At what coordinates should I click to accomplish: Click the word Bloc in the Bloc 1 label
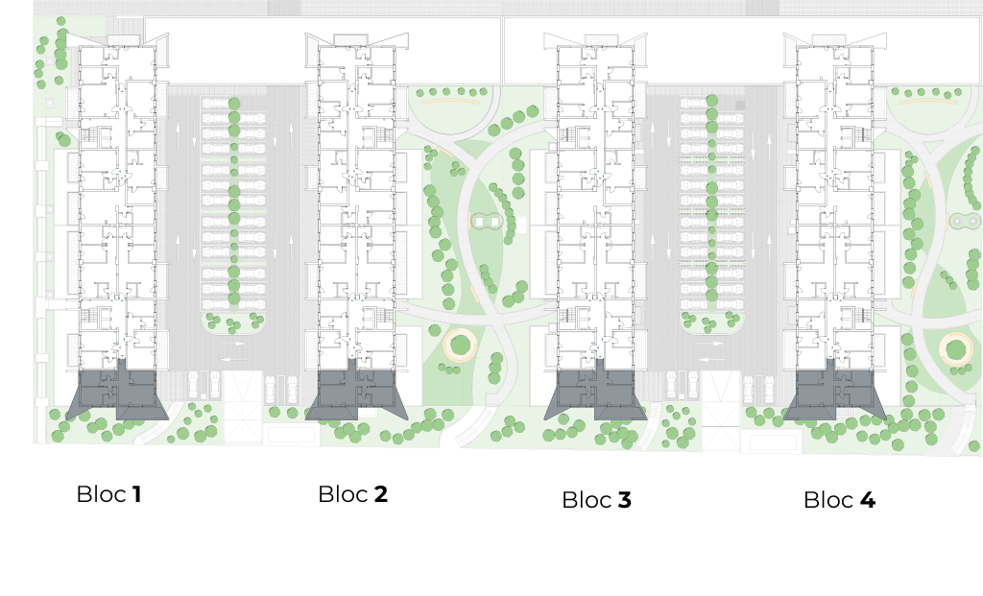[102, 494]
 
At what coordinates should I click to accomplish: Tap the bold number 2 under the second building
[380, 494]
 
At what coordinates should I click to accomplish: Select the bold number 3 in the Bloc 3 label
[624, 500]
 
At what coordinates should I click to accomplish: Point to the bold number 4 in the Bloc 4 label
[868, 500]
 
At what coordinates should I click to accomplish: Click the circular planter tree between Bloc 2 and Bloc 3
[460, 345]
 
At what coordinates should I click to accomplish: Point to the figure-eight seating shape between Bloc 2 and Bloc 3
[487, 222]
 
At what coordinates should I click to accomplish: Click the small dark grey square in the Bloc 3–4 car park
[740, 106]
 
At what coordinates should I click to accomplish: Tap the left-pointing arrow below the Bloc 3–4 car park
[711, 359]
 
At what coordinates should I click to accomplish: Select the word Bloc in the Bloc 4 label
[828, 500]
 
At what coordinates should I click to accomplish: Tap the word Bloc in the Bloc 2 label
[343, 494]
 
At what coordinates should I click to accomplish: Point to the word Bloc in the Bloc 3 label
[587, 500]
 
